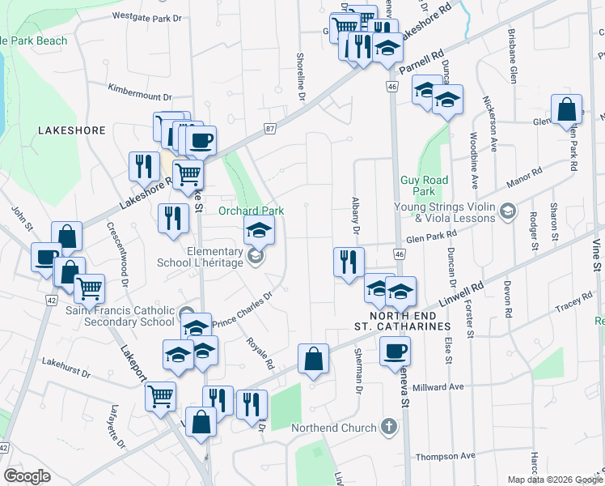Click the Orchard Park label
point(252,211)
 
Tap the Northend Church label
point(343,428)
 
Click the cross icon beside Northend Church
point(389,427)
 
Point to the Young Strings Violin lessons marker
point(507,212)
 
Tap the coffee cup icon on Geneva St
point(395,351)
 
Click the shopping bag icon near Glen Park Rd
point(567,109)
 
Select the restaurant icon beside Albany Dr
point(349,262)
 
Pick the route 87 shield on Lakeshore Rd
point(270,129)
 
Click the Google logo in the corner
point(27,476)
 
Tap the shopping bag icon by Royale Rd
point(313,358)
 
